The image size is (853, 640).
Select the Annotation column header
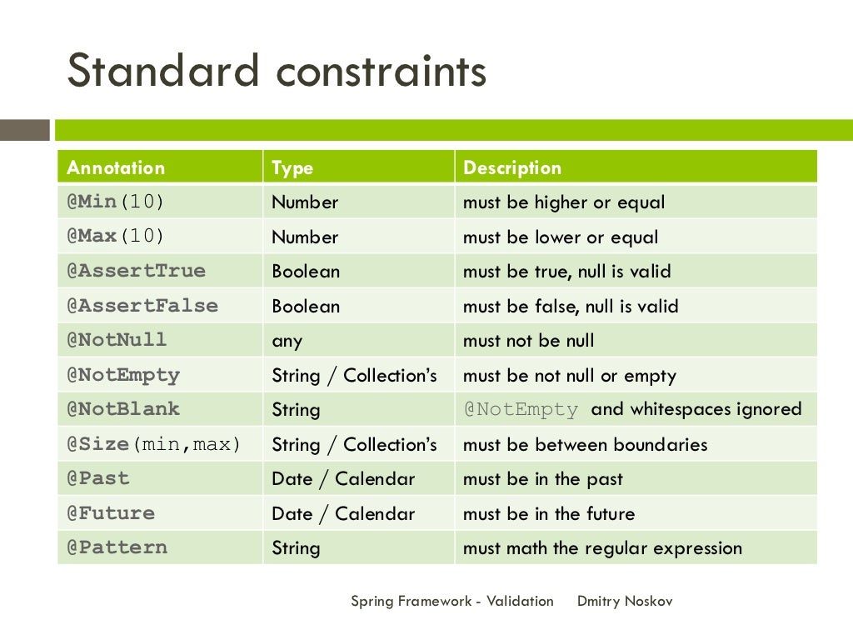tap(116, 167)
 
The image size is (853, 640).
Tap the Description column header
tap(512, 167)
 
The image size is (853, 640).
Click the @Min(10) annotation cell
tap(116, 202)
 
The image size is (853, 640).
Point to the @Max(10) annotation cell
tap(116, 237)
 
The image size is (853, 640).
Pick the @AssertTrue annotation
tap(136, 272)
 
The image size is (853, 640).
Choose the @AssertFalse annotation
tap(142, 306)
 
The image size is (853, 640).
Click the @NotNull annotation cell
tap(117, 340)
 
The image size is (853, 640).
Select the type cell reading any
tap(287, 341)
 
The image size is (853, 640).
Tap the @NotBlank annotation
tap(123, 409)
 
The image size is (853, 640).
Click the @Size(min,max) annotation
tap(154, 444)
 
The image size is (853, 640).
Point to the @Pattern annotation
tap(117, 547)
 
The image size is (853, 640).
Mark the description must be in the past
tap(543, 479)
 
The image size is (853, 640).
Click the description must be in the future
tap(549, 513)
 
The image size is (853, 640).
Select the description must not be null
tap(529, 341)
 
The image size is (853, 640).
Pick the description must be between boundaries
tap(585, 444)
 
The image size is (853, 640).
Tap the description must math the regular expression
tap(602, 548)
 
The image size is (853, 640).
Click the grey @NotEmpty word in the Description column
tap(521, 409)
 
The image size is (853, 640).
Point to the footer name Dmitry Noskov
tap(625, 601)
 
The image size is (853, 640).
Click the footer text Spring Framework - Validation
tap(452, 601)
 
